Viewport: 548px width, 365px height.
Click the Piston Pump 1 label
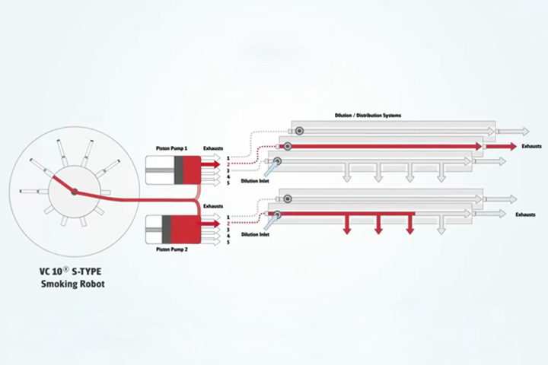(171, 148)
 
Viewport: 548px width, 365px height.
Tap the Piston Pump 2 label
(171, 249)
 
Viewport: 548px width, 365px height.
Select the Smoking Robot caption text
(73, 284)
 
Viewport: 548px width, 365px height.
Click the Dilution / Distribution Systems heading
(368, 116)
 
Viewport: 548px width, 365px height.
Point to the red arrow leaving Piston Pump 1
(211, 164)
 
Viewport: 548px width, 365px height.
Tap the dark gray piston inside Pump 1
(179, 170)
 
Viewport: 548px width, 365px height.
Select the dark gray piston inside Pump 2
(167, 230)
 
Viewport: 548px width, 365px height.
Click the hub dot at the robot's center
(74, 192)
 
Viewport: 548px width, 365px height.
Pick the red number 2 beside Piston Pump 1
(228, 164)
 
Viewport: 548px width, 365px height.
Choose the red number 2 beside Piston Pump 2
(228, 224)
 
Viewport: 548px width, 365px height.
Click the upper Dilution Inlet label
(255, 181)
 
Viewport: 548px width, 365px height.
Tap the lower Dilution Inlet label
(255, 234)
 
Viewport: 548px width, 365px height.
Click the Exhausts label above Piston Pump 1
(213, 148)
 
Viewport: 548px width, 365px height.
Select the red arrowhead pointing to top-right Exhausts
(512, 146)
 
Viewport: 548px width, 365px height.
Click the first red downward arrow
(347, 224)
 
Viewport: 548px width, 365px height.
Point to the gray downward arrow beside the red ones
(441, 224)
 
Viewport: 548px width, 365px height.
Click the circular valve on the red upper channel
(288, 146)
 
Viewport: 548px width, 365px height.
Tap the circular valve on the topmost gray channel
(299, 131)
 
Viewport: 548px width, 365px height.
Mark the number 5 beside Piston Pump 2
(228, 242)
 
